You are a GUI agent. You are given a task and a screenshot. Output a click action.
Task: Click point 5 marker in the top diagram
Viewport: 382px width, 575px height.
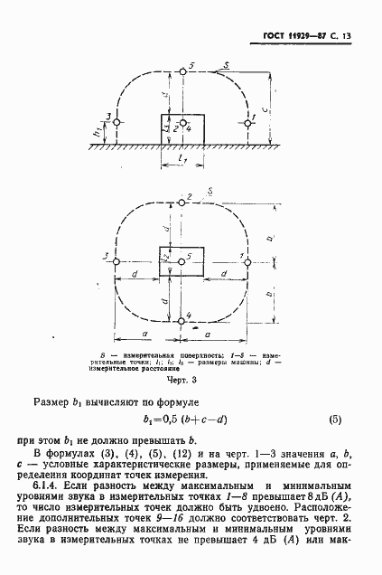point(182,69)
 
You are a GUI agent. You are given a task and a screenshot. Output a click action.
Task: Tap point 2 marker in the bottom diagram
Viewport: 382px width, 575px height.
point(182,202)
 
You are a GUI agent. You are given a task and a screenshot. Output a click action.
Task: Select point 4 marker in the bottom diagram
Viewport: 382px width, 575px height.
point(182,320)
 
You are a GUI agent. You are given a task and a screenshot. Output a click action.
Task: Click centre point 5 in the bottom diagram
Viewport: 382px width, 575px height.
point(182,260)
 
